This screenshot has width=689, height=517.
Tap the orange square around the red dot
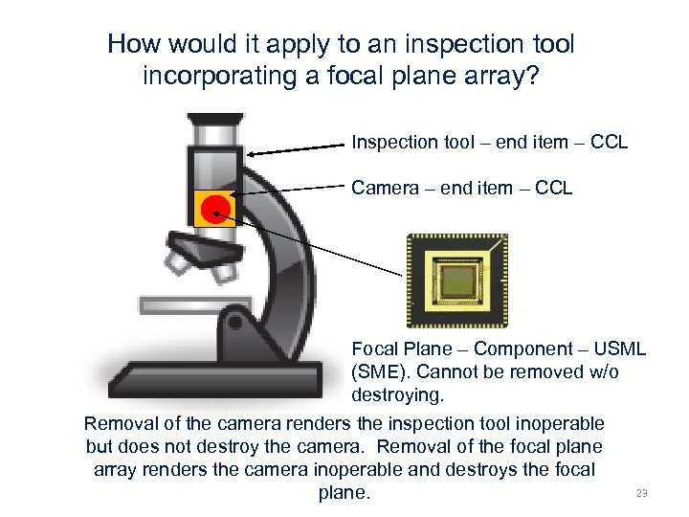(x=199, y=219)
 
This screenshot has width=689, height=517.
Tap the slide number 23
(x=641, y=493)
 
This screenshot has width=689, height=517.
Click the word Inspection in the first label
(x=392, y=143)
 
